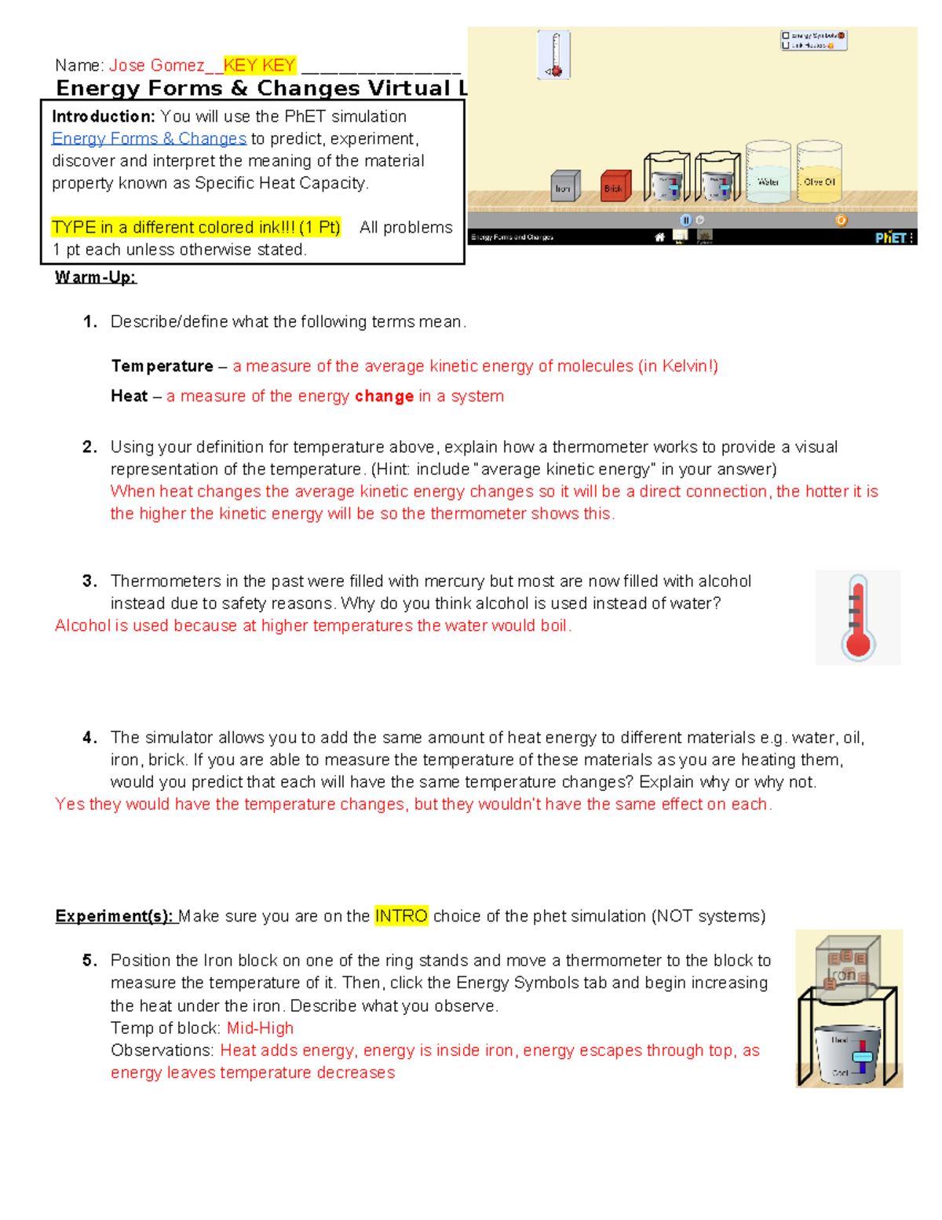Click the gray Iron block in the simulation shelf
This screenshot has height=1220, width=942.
564,186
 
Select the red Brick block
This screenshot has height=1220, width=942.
615,186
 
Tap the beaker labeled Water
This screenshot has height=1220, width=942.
768,174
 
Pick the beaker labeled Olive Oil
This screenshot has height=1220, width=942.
819,174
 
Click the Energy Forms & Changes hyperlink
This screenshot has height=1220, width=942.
149,139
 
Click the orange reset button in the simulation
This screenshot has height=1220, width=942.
841,221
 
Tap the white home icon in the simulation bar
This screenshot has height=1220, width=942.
659,237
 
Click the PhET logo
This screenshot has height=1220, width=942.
891,237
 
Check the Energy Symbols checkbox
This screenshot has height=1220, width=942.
786,35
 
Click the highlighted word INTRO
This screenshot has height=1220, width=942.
401,916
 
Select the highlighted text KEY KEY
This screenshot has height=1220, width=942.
260,65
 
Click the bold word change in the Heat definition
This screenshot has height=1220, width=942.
384,397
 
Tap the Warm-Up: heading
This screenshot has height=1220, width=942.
96,277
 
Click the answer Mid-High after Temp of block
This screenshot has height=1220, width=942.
260,1028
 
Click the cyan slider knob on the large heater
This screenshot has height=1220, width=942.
862,1057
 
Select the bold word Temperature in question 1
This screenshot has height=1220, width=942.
162,366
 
